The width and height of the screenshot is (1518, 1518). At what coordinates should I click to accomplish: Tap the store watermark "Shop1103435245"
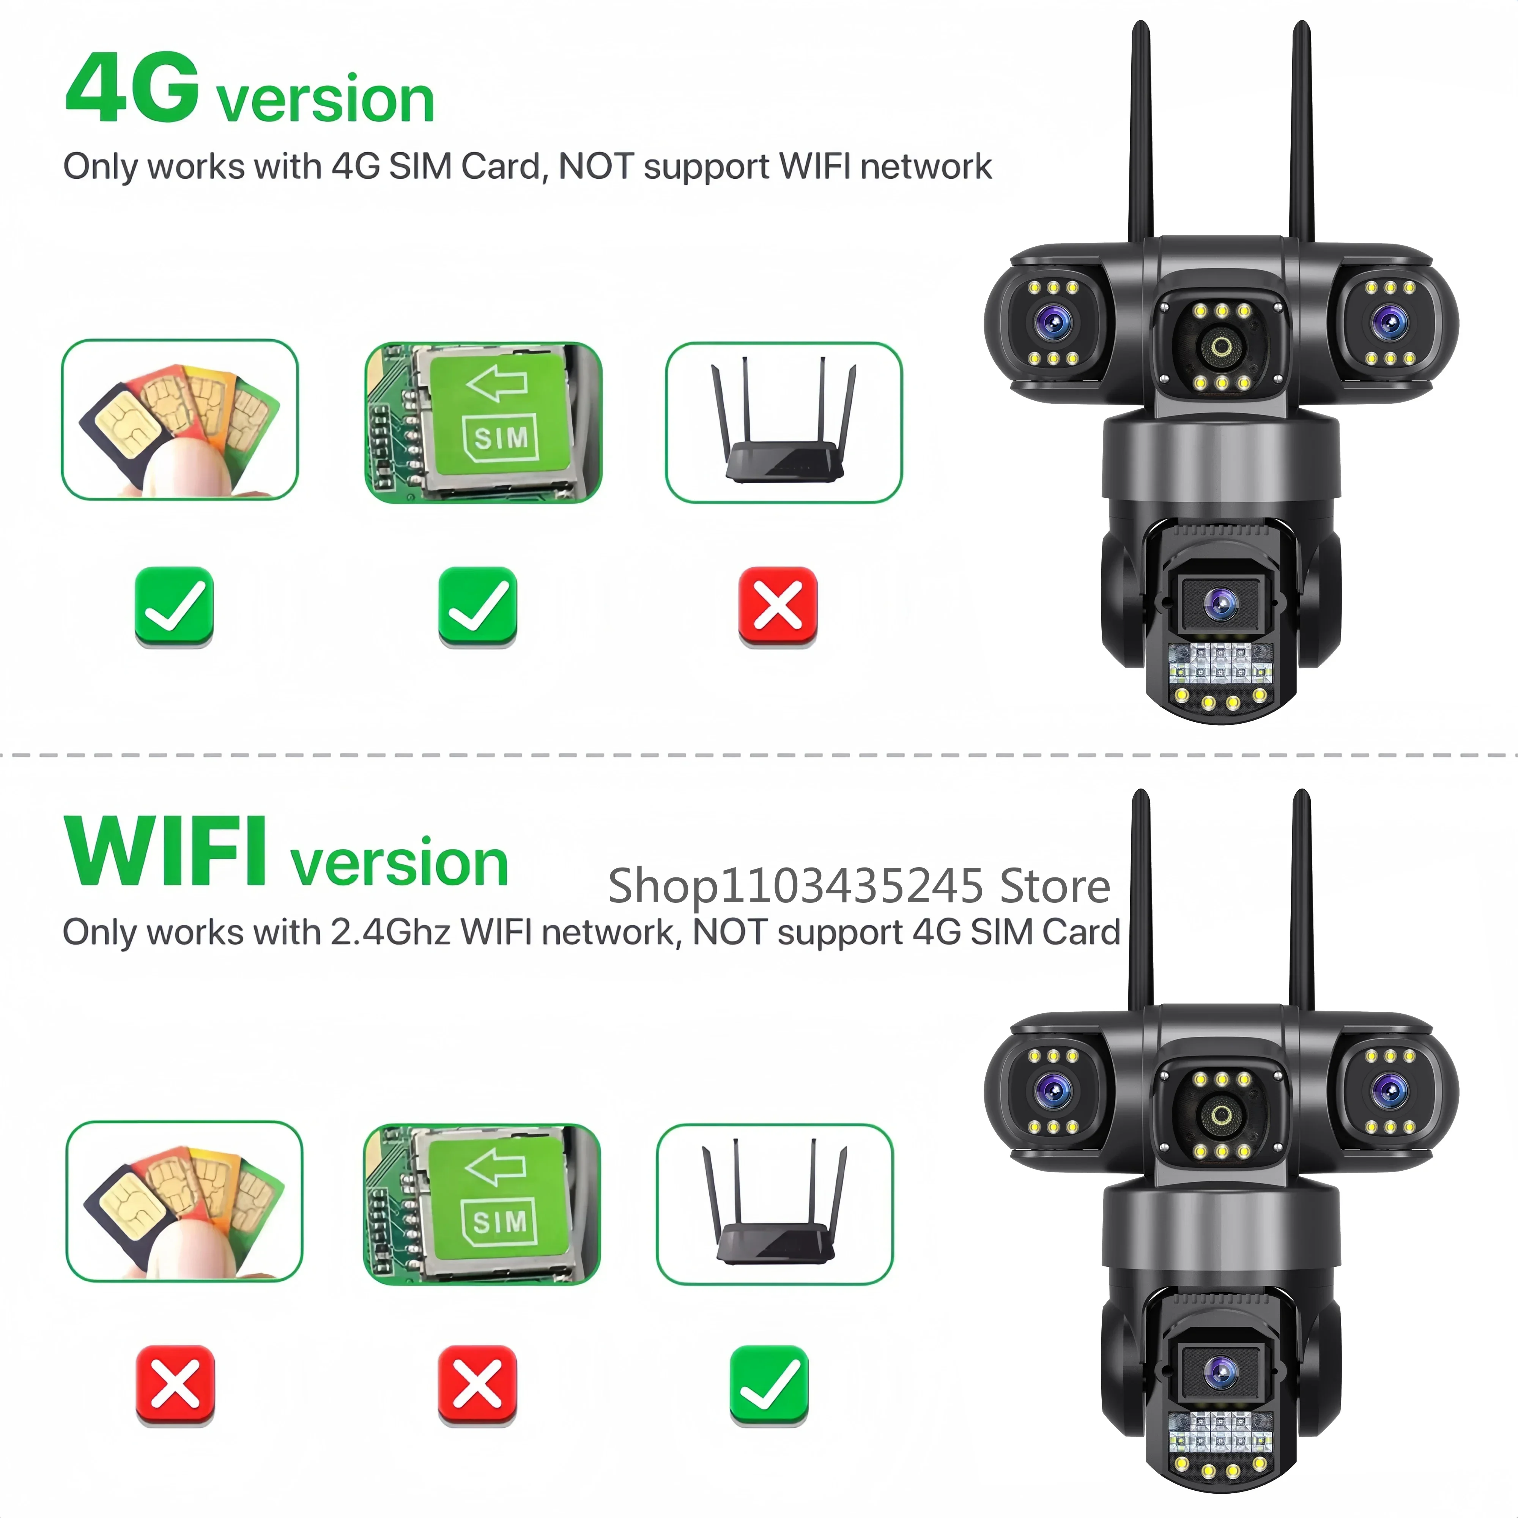[x=795, y=886]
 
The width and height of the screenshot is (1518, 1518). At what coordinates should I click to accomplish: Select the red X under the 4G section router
[x=778, y=606]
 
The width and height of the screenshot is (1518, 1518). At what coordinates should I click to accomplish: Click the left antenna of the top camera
[x=1141, y=134]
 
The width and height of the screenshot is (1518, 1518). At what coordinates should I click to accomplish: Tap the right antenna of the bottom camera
[x=1301, y=900]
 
